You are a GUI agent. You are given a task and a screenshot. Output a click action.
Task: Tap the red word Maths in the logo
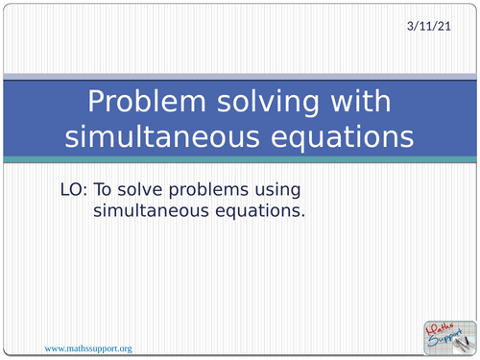coord(439,326)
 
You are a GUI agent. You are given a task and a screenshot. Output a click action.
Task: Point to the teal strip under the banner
coord(240,158)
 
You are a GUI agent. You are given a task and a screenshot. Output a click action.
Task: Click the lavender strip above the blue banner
coord(240,77)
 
